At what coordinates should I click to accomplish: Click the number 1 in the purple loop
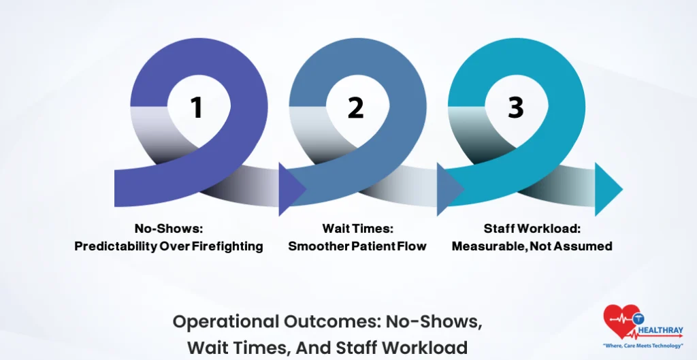(x=197, y=108)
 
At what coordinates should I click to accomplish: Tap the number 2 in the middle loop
(x=355, y=108)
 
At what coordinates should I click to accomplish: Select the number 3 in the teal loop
(x=515, y=108)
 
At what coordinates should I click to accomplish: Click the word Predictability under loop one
(x=115, y=246)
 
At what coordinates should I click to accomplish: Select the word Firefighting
(x=227, y=246)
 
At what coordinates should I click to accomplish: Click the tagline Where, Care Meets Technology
(x=643, y=346)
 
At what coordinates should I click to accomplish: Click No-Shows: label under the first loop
(x=168, y=229)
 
